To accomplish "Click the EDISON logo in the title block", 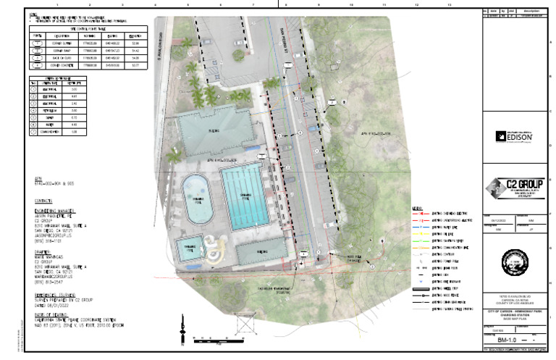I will point(515,135).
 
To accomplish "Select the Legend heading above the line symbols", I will point(417,209).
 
